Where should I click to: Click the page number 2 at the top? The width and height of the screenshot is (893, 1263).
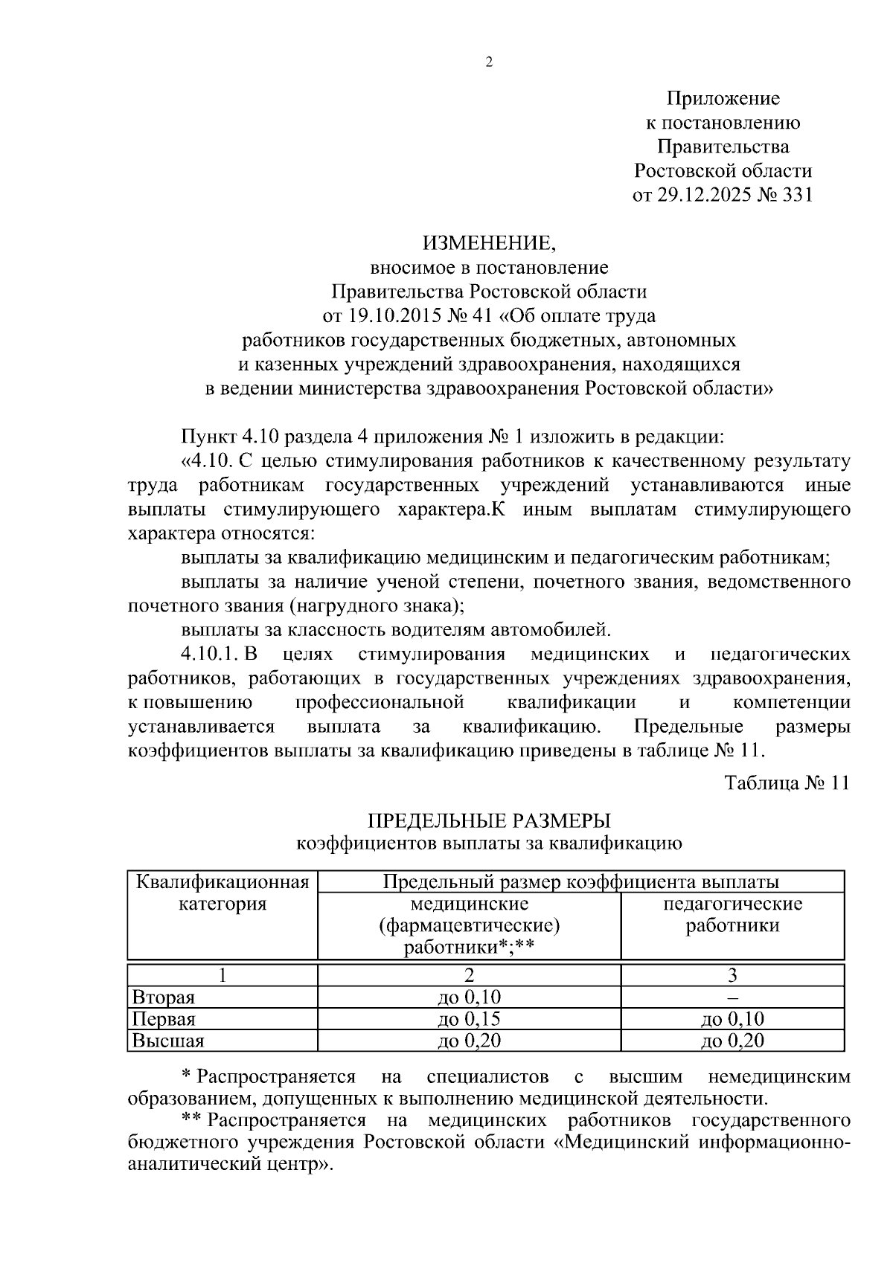coord(489,62)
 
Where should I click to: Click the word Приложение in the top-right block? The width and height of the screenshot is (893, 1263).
coord(723,98)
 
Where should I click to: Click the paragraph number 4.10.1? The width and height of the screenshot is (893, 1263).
coord(208,655)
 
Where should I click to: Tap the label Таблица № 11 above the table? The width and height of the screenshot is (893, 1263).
coord(786,784)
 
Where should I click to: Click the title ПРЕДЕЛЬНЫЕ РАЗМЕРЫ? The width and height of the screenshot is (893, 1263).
coord(489,821)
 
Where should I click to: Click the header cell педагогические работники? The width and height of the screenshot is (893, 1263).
coord(732,915)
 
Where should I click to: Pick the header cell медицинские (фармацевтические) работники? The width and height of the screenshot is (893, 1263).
coord(469,925)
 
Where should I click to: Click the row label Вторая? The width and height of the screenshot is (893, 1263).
coord(163,997)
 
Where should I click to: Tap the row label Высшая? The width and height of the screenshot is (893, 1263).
coord(167,1041)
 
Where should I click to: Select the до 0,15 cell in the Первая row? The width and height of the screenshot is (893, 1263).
coord(469,1019)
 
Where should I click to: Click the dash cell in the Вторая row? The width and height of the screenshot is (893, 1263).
coord(732,997)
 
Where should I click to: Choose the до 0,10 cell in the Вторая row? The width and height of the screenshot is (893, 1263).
coord(469,997)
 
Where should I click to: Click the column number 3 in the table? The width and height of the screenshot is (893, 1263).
coord(732,975)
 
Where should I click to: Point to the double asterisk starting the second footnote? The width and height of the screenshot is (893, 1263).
coord(192,1120)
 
